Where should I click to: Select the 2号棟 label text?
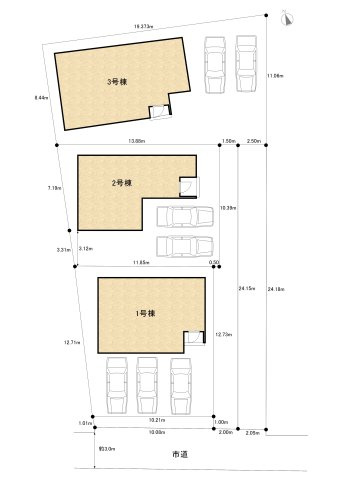123,184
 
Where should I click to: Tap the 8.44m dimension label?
41,97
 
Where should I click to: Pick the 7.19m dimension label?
55,187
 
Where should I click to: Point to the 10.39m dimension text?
227,209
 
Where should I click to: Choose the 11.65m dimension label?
144,263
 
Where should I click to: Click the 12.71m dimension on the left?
71,342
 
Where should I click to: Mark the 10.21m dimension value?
156,421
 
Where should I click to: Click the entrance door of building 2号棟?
187,184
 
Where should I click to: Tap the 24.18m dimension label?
277,289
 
